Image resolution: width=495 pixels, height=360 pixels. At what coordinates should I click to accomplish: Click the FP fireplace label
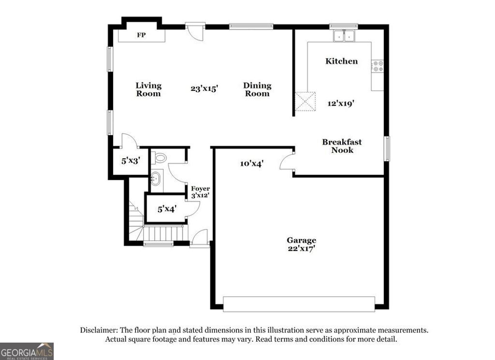point(141,35)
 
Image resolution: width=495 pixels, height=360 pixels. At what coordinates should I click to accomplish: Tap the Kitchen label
point(341,61)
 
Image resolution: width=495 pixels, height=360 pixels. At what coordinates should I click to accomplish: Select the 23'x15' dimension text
point(204,89)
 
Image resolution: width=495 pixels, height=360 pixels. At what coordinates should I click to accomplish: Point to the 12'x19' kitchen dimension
point(341,103)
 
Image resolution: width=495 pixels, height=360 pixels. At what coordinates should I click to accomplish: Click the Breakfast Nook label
point(342,146)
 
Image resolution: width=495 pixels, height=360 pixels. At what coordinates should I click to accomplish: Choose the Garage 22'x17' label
point(301,244)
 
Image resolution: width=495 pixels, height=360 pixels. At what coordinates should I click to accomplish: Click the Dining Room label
point(257,90)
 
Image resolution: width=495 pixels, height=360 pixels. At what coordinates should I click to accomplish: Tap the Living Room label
point(148,90)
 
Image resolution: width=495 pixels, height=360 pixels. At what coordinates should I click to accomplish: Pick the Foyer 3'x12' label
point(200,192)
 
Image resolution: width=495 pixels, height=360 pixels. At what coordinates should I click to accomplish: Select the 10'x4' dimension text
point(251,164)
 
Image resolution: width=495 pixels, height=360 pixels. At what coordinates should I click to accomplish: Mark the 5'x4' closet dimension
point(167,209)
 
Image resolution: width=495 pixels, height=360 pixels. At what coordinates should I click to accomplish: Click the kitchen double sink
point(344,36)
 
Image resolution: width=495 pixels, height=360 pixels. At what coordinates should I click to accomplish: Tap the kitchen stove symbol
point(378,67)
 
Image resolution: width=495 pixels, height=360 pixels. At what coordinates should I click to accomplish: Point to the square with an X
point(306,102)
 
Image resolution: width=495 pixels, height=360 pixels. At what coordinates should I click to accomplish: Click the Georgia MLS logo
point(27,351)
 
